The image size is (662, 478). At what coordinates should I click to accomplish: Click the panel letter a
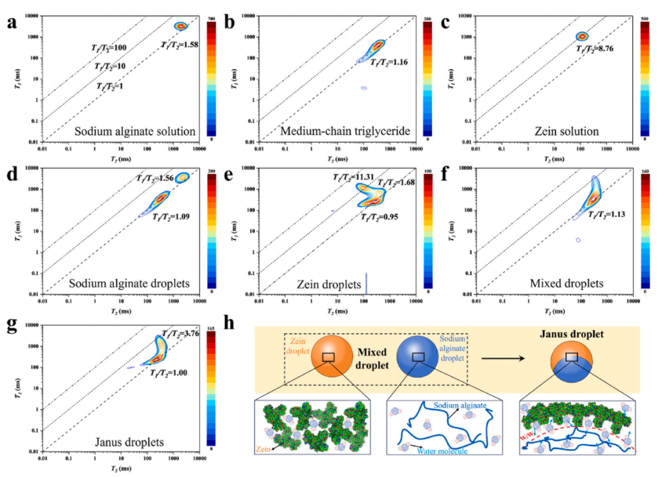10,24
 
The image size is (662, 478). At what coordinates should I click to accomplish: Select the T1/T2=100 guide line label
109,47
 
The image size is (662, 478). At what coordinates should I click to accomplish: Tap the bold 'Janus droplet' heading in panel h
571,335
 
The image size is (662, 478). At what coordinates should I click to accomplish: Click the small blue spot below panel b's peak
364,88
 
